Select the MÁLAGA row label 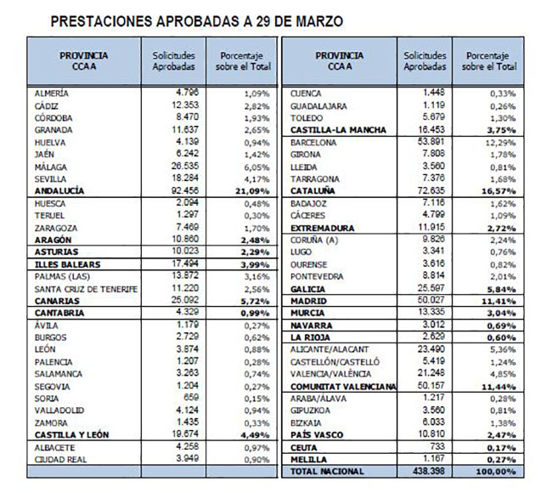point(51,167)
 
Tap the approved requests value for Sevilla point(185,178)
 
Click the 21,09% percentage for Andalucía point(252,191)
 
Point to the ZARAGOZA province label point(56,228)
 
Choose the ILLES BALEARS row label point(68,264)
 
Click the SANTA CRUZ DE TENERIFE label point(86,289)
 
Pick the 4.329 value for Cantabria point(188,312)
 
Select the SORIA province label point(47,399)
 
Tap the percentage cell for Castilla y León point(256,435)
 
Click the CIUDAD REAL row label point(60,460)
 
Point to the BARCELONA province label point(313,143)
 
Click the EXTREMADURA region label point(323,228)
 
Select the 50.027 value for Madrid point(431,300)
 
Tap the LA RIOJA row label point(310,337)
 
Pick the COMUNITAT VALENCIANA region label point(343,387)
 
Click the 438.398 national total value point(429,471)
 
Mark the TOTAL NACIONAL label point(327,472)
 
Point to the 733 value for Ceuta point(437,446)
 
